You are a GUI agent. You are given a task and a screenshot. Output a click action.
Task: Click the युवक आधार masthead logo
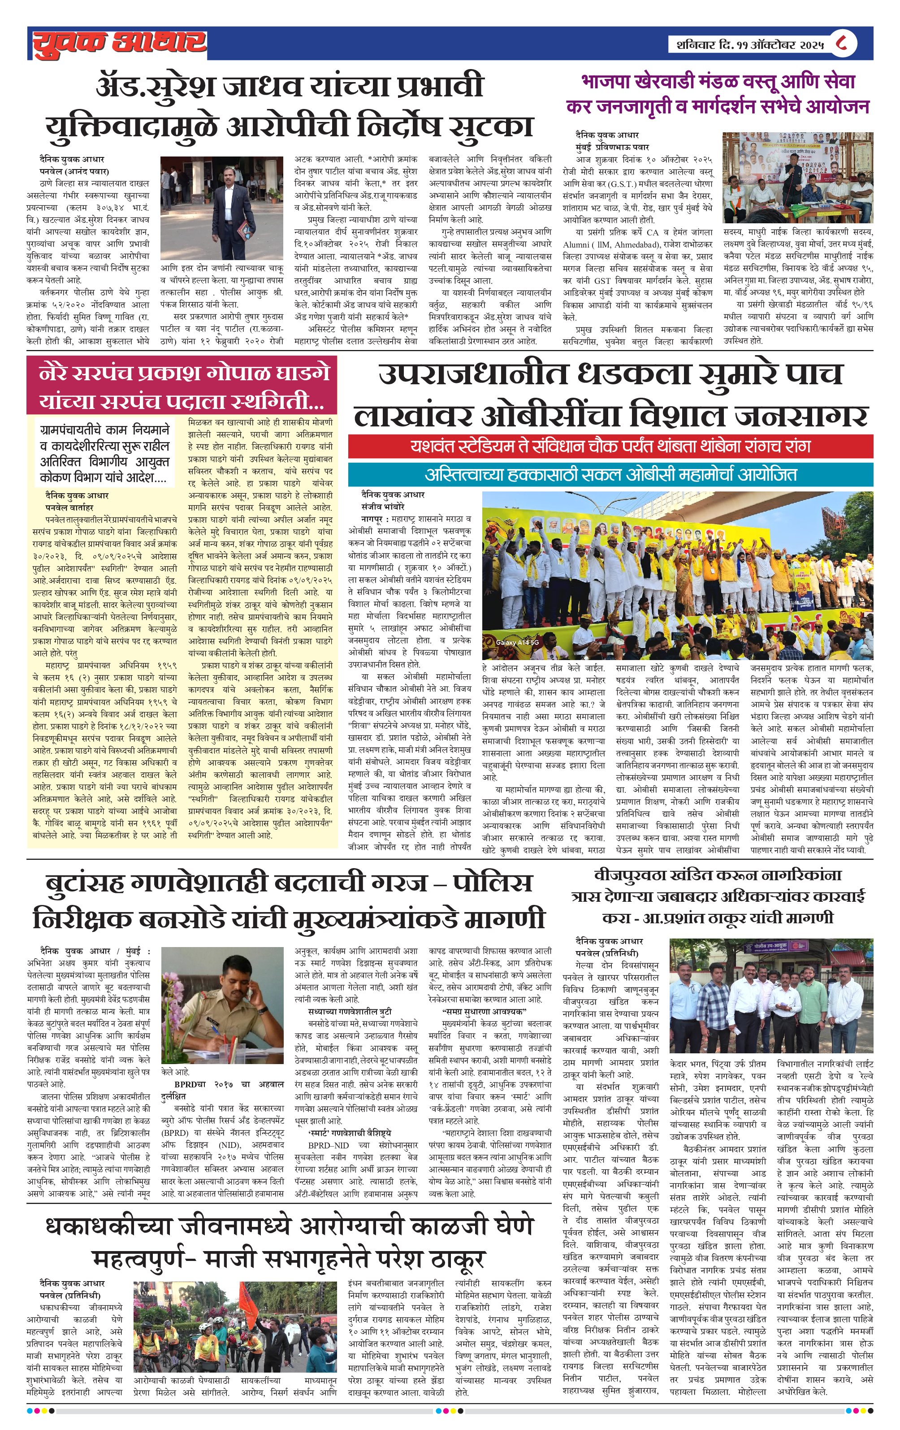[119, 43]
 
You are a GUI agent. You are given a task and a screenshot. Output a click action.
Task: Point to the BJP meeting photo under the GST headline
[797, 178]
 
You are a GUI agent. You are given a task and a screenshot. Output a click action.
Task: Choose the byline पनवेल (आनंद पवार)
[74, 172]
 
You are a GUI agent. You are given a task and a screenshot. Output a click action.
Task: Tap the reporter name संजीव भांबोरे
[383, 507]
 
